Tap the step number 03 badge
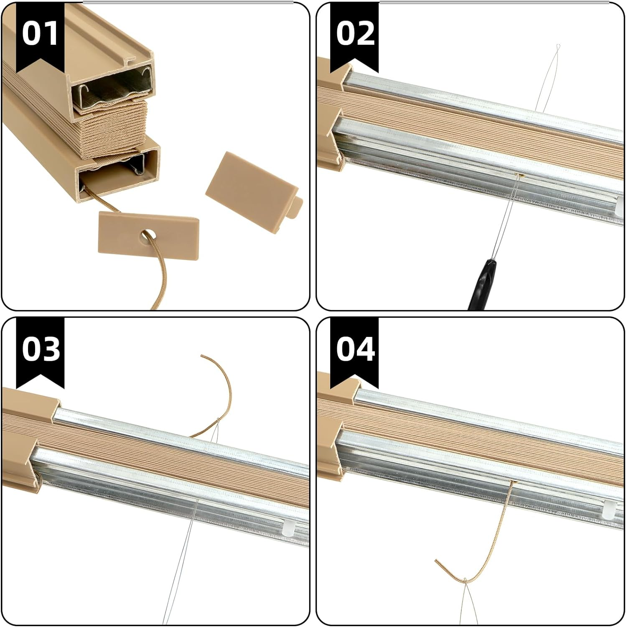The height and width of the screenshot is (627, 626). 40,349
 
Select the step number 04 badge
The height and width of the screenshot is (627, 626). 354,349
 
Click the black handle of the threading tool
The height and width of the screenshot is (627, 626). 481,284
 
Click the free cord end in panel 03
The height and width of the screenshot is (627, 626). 202,356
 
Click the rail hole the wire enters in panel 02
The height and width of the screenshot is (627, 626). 520,175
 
